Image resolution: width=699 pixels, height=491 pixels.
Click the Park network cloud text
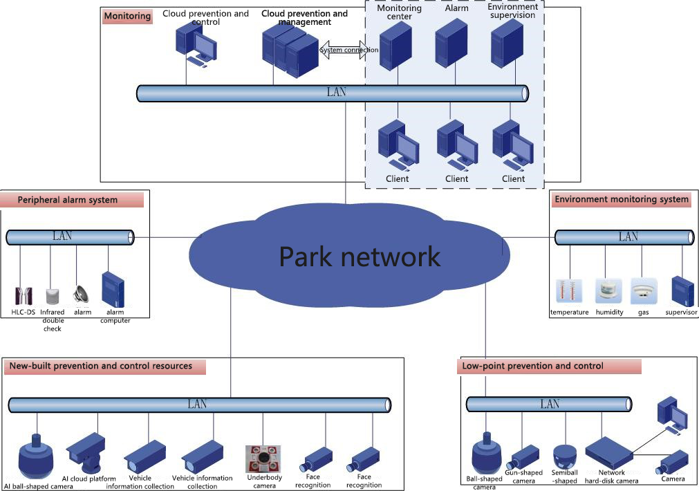pyautogui.click(x=360, y=256)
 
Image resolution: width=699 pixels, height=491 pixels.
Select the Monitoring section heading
pyautogui.click(x=127, y=16)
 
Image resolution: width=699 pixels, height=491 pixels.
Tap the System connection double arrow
pyautogui.click(x=342, y=50)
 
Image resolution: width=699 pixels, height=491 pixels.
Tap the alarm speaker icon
pyautogui.click(x=82, y=295)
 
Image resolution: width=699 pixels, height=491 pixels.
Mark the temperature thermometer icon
pyautogui.click(x=569, y=291)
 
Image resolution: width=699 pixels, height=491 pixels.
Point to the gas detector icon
pyautogui.click(x=643, y=292)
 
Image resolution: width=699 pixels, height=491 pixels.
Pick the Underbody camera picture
pyautogui.click(x=263, y=458)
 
